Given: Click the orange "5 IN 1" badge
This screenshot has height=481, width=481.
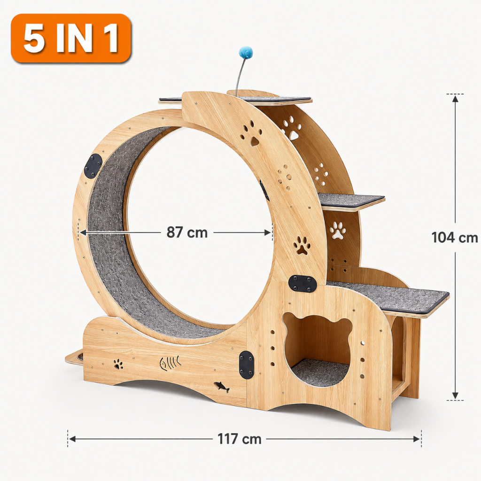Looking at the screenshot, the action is (x=71, y=39).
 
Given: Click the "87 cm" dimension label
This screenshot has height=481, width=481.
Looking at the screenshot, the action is (x=187, y=232).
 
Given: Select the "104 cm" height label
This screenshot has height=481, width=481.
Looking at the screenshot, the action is (x=454, y=237).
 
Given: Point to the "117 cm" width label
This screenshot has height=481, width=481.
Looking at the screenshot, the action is (x=239, y=439).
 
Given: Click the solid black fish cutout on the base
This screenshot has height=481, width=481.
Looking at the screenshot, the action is (x=222, y=387).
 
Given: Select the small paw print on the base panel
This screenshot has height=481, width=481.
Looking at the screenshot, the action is (x=118, y=364).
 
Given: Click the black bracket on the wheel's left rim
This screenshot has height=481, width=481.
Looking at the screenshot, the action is (x=93, y=166).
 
